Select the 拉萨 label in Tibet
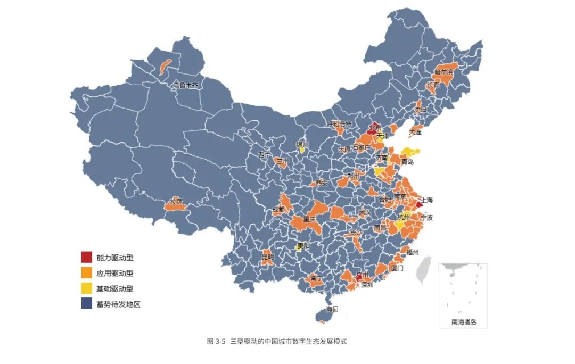[x=176, y=202]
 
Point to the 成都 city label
[x=278, y=210]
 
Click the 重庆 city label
[x=309, y=219]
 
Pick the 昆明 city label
[x=267, y=257]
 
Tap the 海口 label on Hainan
[x=332, y=309]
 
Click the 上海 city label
[x=427, y=201]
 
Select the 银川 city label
[x=302, y=144]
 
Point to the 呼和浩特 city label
[x=339, y=124]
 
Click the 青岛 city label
[x=407, y=162]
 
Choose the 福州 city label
[x=413, y=252]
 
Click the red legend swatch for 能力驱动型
[x=86, y=258]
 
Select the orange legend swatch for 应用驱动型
[x=86, y=273]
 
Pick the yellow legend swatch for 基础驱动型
[x=86, y=288]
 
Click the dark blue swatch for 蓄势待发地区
[x=86, y=304]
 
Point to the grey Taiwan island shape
[x=424, y=269]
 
